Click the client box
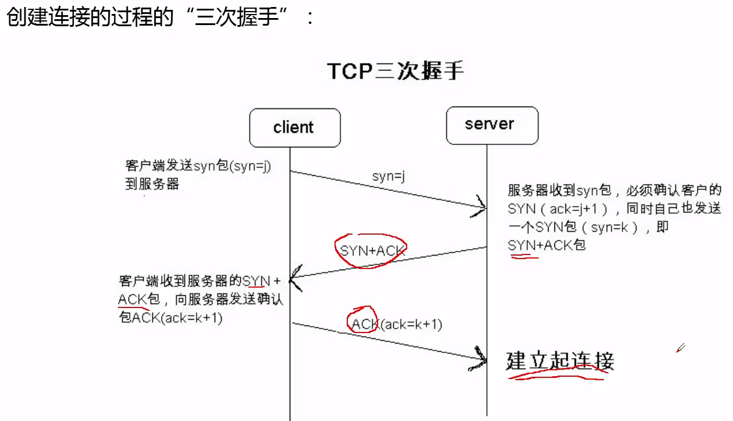coord(294,128)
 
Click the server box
coord(491,125)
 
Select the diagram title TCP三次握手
coord(395,71)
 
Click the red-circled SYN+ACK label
coord(372,251)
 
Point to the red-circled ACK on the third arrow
coord(362,324)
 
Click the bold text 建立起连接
coord(560,361)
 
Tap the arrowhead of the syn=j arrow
coord(481,206)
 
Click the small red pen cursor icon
coord(680,348)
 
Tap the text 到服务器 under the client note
coord(152,184)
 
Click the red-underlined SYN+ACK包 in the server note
coord(546,245)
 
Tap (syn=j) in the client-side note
coord(251,167)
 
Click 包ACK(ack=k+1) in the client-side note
coord(170,318)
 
